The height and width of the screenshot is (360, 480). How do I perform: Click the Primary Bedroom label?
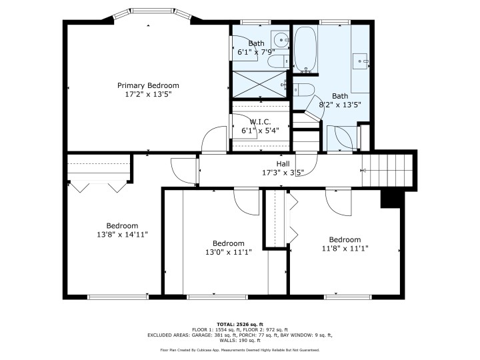click(148, 85)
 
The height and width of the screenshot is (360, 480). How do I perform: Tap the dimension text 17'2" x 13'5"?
click(148, 95)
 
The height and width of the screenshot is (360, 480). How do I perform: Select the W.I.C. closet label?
click(259, 121)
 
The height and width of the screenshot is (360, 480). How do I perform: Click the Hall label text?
click(283, 163)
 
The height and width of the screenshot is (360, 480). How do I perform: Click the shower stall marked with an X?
click(261, 84)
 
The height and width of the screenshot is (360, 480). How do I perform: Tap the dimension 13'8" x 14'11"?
click(122, 235)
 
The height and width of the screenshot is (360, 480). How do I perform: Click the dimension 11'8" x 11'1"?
click(344, 249)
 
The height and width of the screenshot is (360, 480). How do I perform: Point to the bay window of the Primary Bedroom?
click(148, 13)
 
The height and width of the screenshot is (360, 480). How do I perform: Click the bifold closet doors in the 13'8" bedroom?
click(99, 185)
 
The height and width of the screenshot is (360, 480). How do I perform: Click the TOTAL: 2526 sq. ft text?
click(239, 323)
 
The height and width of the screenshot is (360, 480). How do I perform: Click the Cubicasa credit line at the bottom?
click(239, 349)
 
